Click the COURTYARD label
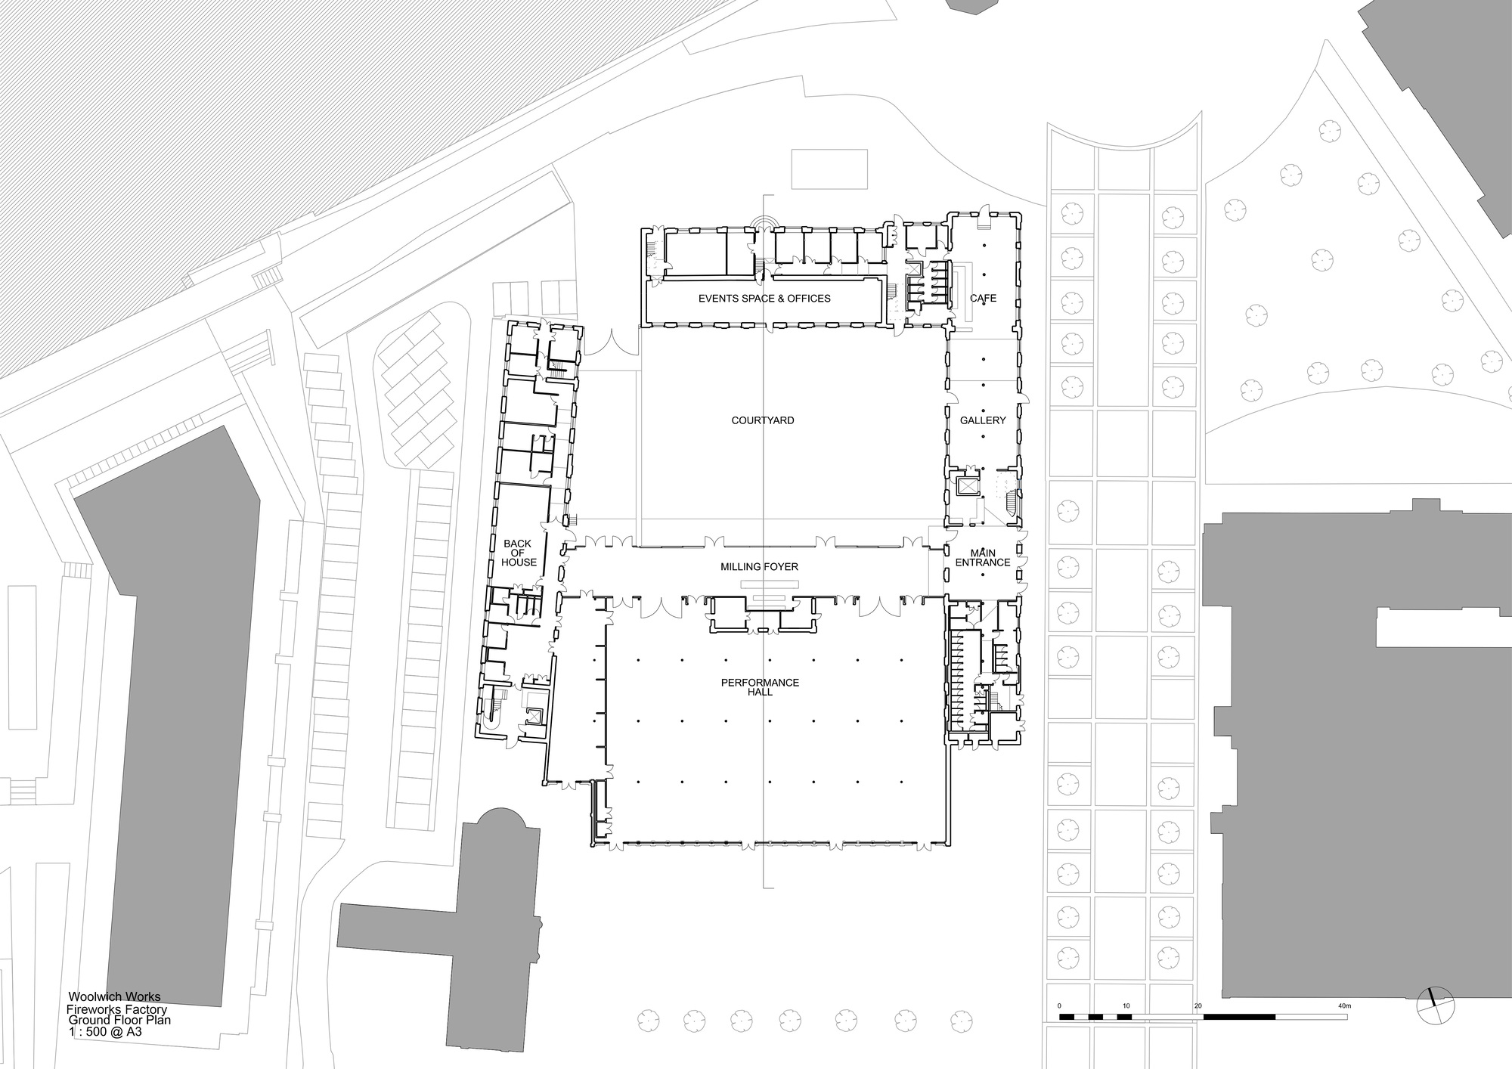point(762,420)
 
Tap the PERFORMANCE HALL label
point(760,687)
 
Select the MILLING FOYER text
point(759,567)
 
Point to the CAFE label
point(983,299)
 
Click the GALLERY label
point(983,420)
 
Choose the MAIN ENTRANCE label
point(983,558)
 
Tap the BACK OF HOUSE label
point(519,553)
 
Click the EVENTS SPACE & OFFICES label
point(764,299)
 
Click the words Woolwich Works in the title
point(114,997)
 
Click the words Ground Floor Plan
point(119,1020)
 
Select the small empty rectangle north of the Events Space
point(828,169)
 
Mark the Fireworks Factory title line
point(116,1009)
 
